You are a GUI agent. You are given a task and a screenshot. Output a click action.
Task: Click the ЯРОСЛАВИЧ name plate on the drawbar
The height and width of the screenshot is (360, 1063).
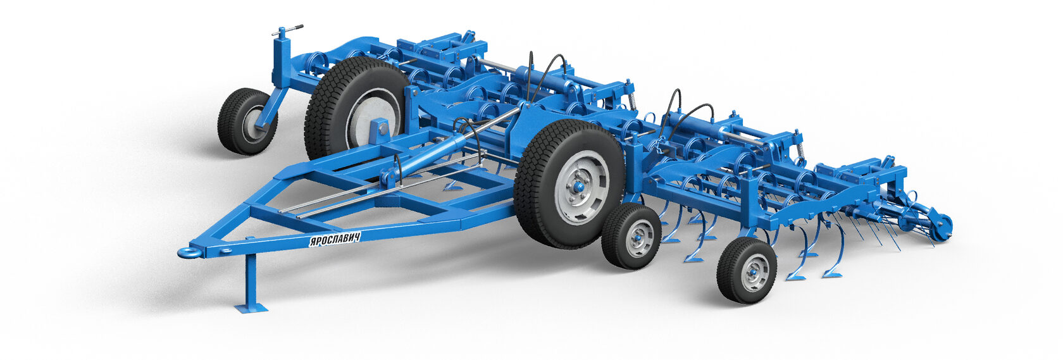[334, 239]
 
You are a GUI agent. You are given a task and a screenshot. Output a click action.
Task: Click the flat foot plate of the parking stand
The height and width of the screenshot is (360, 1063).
[251, 308]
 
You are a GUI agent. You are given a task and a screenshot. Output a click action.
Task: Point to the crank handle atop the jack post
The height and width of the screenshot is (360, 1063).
[287, 30]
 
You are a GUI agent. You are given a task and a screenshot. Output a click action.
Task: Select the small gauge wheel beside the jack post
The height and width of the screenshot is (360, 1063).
[247, 121]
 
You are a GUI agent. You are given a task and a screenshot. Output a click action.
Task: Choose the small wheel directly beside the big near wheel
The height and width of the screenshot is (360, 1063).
[631, 236]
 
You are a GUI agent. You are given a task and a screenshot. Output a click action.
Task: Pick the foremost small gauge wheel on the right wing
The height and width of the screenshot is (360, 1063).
[747, 270]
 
